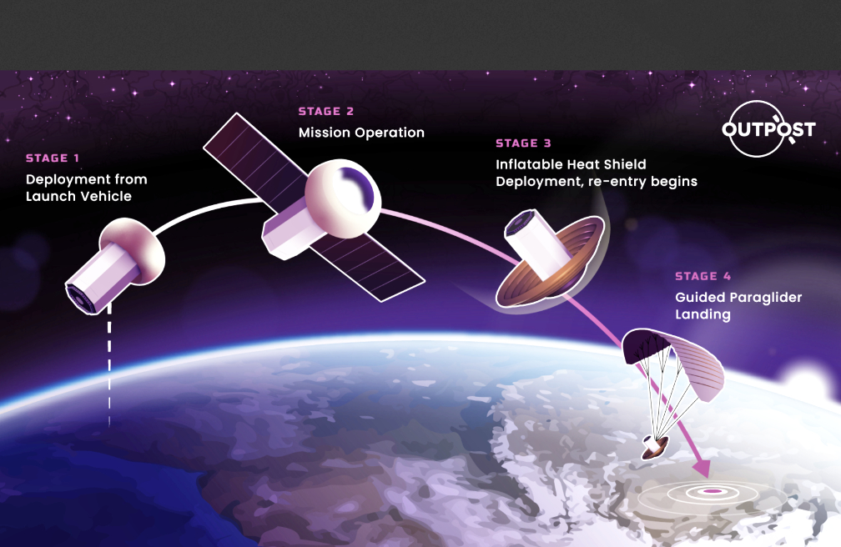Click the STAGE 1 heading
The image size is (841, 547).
pyautogui.click(x=53, y=158)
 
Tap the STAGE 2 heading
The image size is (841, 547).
pyautogui.click(x=325, y=112)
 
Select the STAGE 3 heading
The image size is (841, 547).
pyautogui.click(x=523, y=143)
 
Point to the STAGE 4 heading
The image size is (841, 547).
pyautogui.click(x=703, y=276)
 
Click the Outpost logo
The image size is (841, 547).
pyautogui.click(x=768, y=129)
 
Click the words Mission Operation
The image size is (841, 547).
pyautogui.click(x=361, y=133)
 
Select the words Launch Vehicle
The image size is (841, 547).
pyautogui.click(x=78, y=196)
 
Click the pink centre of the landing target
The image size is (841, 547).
pyautogui.click(x=712, y=491)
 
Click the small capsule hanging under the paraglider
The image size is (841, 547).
pyautogui.click(x=655, y=447)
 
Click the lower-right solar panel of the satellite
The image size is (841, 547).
pyautogui.click(x=370, y=265)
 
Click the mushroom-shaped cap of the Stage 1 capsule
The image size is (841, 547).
pyautogui.click(x=134, y=249)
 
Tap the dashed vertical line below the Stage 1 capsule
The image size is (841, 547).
pyautogui.click(x=109, y=364)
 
